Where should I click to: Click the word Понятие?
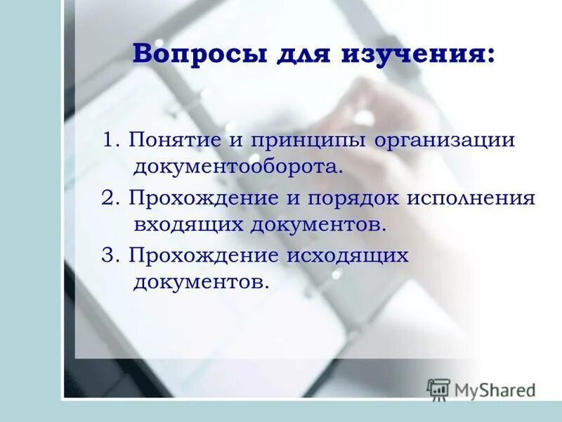[x=175, y=140]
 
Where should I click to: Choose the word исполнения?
[x=470, y=198]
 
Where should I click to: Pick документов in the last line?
[x=200, y=282]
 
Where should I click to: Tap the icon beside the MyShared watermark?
[x=438, y=389]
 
